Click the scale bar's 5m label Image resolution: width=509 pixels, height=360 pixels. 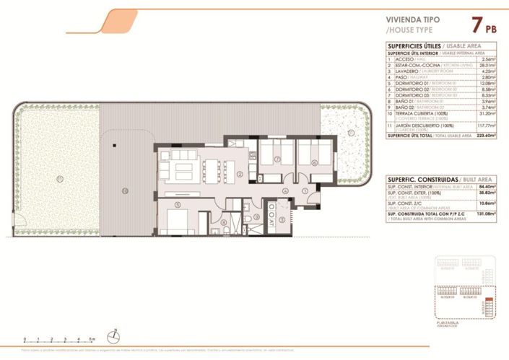tap(92, 338)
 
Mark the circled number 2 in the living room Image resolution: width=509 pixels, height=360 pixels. tap(238, 173)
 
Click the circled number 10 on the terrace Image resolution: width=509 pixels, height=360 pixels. tap(124, 190)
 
